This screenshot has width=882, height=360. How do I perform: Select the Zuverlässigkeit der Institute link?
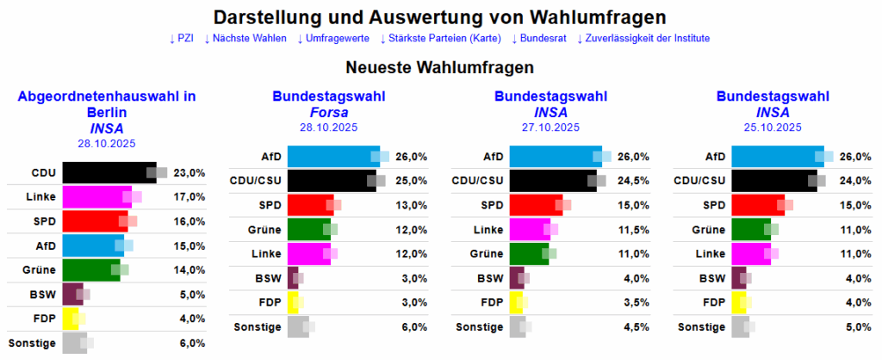pos(643,39)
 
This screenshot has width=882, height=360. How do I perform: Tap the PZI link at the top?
pos(182,39)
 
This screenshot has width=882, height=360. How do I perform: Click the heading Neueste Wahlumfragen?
pos(440,66)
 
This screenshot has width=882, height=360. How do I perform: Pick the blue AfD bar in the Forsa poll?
pos(332,157)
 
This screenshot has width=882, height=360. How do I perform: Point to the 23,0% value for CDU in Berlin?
pos(189,172)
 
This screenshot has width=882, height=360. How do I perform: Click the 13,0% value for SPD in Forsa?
pos(412,205)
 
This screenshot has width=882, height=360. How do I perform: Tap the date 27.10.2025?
pos(550,127)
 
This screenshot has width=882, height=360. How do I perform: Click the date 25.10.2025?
pos(773,127)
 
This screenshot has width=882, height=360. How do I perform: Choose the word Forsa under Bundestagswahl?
pos(328,112)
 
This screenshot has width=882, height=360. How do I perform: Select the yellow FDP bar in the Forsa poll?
pos(292,302)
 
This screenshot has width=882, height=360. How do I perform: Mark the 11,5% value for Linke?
pos(633,229)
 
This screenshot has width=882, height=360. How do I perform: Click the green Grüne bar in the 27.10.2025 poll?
pos(529,254)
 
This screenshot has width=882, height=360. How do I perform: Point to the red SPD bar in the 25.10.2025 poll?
pos(757,205)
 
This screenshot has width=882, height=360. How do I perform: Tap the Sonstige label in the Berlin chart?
pos(33,343)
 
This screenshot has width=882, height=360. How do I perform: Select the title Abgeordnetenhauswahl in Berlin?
pos(107,104)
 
